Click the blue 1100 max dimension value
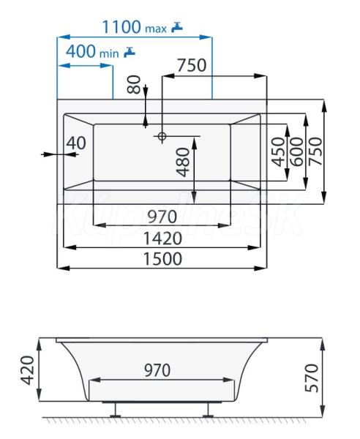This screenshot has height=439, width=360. pos(135,27)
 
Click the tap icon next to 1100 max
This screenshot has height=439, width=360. pos(177,27)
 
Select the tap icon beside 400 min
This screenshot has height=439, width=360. pos(130,52)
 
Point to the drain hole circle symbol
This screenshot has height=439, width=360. pos(162,136)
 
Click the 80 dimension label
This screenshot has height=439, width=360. pos(134,84)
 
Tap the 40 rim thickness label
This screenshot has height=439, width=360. pos(76,143)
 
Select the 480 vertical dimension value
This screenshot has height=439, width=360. pos(184,162)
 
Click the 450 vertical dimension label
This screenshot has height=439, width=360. pos(279,151)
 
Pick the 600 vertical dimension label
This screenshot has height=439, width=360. pos(297,151)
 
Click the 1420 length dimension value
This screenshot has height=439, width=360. pos(162,239)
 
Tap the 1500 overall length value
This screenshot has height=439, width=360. pos(162,259)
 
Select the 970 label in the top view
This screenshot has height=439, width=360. pos(162,217)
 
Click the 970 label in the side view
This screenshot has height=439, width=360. pos(157,370)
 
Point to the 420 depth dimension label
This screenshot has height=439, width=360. pos(28,370)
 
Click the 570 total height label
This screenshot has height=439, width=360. pos(312,378)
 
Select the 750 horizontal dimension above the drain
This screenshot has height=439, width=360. pos(192,65)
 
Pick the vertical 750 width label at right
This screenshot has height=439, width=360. pos(316,151)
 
